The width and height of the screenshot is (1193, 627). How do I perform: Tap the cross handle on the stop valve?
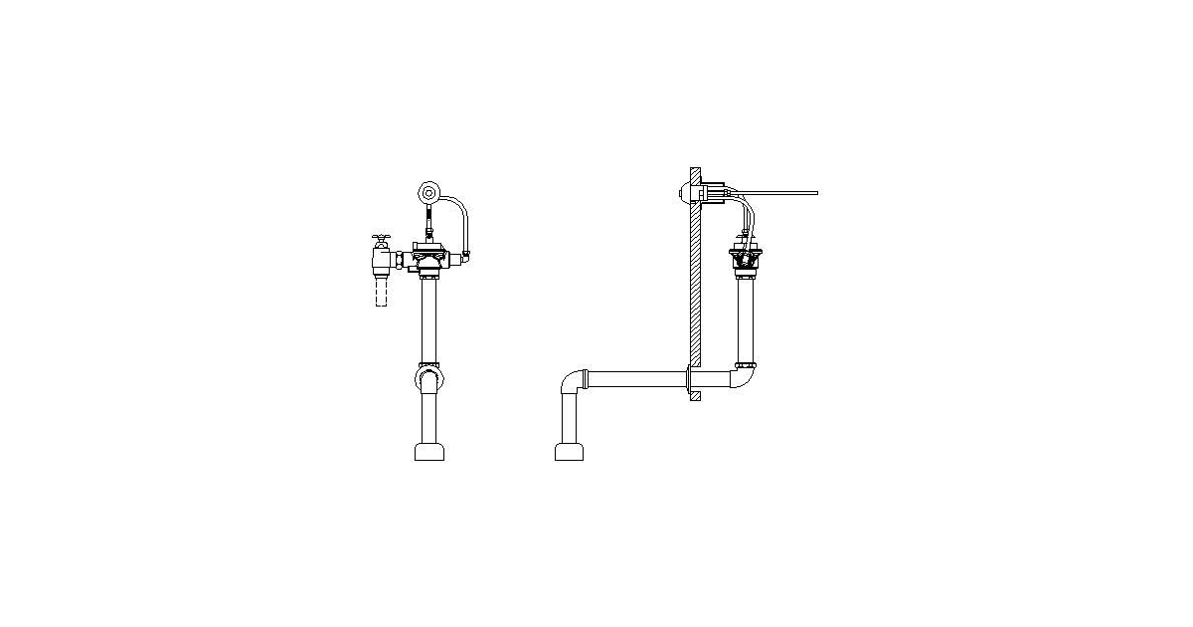click(x=381, y=240)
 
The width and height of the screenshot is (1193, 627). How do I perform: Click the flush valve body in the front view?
click(x=429, y=262)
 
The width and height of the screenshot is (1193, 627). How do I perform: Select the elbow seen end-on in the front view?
click(x=429, y=380)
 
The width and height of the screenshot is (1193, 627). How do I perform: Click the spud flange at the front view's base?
click(x=429, y=452)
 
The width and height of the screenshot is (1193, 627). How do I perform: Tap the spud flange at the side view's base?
click(x=569, y=452)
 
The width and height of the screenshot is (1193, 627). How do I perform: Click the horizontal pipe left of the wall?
click(x=636, y=379)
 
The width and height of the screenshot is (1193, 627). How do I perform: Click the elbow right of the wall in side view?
click(x=744, y=376)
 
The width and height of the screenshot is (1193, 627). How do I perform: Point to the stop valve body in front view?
click(x=382, y=262)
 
